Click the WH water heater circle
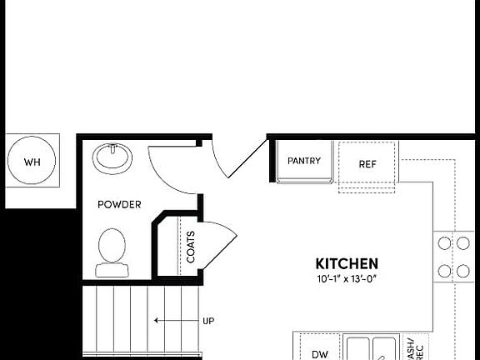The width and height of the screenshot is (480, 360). [x=32, y=162]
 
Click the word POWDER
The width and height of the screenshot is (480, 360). [x=119, y=204]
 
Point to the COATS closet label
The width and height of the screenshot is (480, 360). [x=191, y=247]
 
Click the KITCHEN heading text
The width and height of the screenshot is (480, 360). [x=347, y=262]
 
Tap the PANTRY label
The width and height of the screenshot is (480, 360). [x=304, y=161]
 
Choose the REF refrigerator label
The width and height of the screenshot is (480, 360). [x=367, y=164]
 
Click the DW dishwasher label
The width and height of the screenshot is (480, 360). [x=320, y=354]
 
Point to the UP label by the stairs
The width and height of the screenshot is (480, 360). [x=209, y=320]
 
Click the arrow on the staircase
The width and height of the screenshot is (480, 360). [x=171, y=320]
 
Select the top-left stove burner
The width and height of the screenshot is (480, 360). [x=444, y=243]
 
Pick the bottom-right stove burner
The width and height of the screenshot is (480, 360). [x=462, y=271]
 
